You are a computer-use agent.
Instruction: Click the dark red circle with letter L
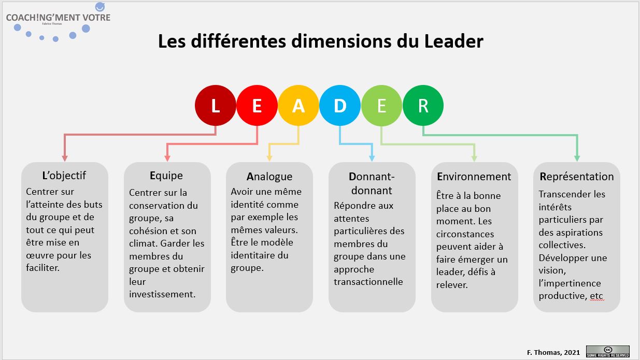(215, 106)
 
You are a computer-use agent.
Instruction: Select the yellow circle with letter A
(298, 106)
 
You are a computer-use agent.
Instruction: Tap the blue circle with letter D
(339, 106)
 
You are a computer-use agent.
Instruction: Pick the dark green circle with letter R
(423, 106)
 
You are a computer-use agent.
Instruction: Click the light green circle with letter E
(381, 106)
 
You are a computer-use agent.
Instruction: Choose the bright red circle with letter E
(257, 106)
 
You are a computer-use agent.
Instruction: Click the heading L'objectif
(64, 175)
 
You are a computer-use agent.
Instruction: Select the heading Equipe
(166, 175)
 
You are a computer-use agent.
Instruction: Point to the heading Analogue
(269, 176)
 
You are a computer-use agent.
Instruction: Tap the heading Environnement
(474, 176)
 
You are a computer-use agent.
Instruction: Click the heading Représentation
(577, 176)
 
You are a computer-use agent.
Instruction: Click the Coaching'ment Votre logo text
(58, 18)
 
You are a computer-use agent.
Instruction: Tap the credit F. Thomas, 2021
(553, 352)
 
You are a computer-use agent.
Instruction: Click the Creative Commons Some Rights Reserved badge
(607, 351)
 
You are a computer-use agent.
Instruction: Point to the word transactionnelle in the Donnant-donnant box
(368, 282)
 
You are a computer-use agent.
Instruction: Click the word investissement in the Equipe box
(162, 294)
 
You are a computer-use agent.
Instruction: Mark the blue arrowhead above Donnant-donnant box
(372, 159)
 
